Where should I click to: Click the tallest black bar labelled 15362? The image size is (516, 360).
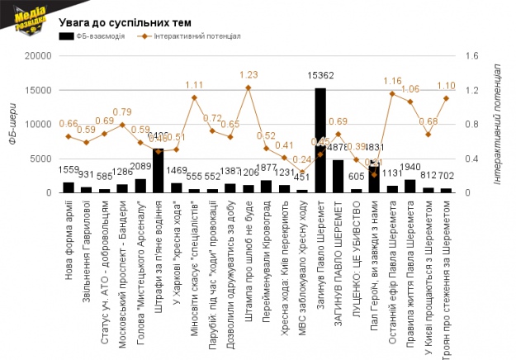click(320, 140)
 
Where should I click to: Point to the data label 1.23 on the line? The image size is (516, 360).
click(249, 74)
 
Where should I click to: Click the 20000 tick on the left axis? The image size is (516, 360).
click(38, 56)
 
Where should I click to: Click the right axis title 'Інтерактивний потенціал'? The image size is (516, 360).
click(499, 124)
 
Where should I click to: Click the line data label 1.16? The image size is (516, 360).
click(392, 81)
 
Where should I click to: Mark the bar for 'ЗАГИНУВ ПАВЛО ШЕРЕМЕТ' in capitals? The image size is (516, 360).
click(338, 176)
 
